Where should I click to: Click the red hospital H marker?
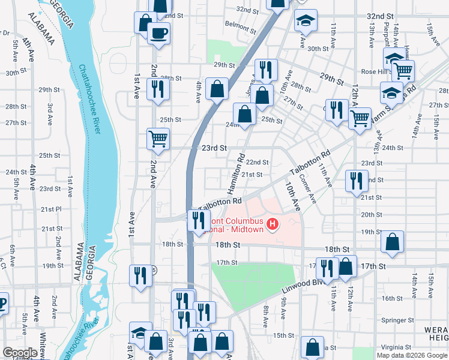[x=273, y=224]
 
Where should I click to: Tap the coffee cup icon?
[x=158, y=33]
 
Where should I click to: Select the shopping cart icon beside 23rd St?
[x=158, y=138]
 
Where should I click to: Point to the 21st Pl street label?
[x=51, y=209]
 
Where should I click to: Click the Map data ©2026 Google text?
[x=412, y=355]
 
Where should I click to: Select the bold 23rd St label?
[x=214, y=148]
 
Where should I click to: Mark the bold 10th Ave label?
[x=293, y=196]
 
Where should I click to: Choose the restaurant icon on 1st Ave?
[x=141, y=275]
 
